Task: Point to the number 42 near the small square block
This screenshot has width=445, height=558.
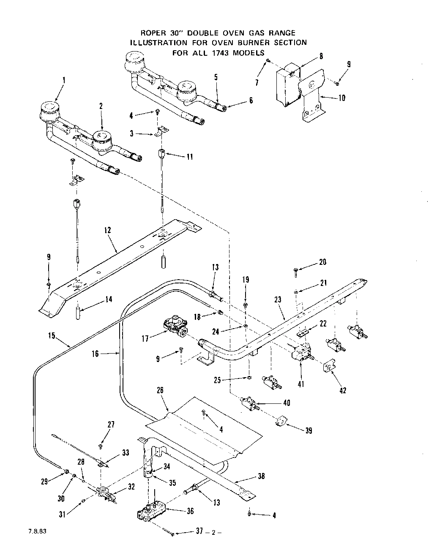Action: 343,391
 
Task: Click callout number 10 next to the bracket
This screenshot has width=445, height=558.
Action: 342,98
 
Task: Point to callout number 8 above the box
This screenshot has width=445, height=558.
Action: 321,55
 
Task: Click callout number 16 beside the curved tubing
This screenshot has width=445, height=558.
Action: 95,354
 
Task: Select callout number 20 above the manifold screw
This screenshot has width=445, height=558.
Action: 322,262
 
